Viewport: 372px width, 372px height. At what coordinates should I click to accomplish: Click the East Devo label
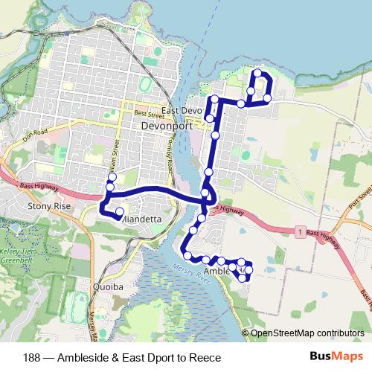coord(183,111)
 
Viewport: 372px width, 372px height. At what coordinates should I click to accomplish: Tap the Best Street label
coord(148,115)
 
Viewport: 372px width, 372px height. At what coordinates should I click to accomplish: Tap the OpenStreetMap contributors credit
coord(308,333)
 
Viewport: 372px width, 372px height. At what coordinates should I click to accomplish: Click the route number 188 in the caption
coord(32,357)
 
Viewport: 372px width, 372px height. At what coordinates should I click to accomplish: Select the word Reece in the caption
coord(207,357)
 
